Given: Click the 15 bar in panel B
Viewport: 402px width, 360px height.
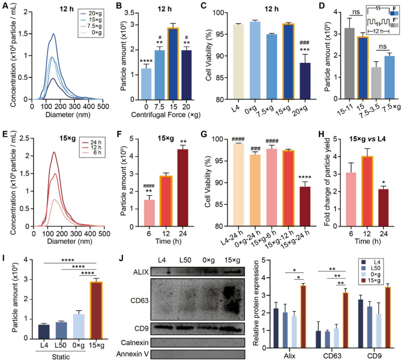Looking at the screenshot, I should pyautogui.click(x=160, y=64).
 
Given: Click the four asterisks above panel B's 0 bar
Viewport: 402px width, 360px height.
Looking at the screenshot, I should pyautogui.click(x=133, y=60).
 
